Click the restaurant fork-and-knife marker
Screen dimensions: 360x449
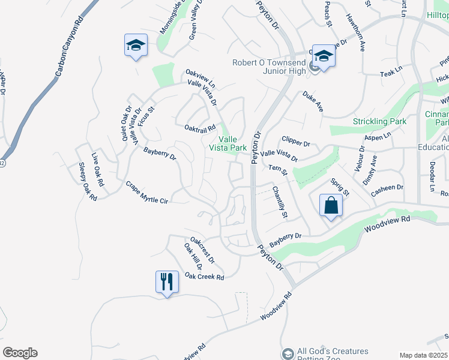pos(166,281)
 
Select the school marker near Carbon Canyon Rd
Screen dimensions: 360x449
pos(136,45)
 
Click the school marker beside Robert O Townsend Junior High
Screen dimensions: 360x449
pos(324,56)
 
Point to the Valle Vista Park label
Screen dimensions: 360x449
pos(228,143)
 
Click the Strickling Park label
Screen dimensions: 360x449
pos(379,122)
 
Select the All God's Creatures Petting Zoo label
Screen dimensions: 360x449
pos(333,355)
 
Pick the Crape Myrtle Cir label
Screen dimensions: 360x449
pos(146,193)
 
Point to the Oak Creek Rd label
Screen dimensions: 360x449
pos(204,276)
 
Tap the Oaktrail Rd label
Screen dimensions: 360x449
pos(200,128)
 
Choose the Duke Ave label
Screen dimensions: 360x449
pos(313,101)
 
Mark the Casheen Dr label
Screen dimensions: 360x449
pos(387,188)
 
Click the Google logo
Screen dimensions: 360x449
pos(20,353)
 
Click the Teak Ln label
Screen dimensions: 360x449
pos(391,73)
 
